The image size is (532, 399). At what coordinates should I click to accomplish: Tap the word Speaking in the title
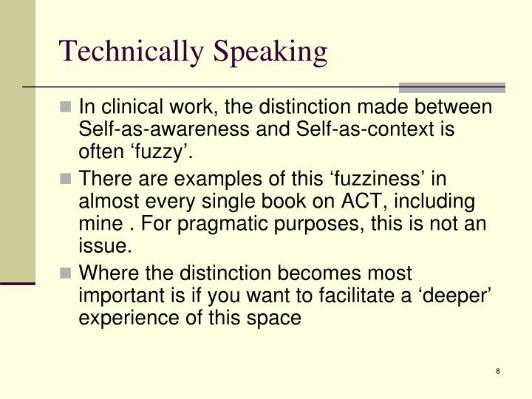[272, 51]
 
